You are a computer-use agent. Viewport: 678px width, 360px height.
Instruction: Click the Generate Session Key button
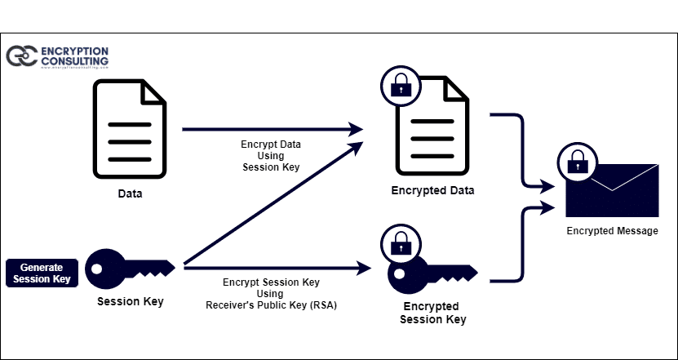point(42,273)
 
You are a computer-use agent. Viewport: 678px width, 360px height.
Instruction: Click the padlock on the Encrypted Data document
point(400,85)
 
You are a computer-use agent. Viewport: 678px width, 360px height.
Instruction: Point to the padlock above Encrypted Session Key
point(400,243)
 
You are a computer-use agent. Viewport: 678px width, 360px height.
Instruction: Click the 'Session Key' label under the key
point(131,302)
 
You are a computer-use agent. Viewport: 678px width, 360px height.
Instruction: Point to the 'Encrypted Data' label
point(432,191)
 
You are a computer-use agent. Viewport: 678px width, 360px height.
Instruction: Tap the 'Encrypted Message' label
point(612,232)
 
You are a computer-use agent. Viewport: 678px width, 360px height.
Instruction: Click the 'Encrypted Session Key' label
point(432,313)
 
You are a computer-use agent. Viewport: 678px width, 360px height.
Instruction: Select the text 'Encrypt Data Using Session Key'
point(271,155)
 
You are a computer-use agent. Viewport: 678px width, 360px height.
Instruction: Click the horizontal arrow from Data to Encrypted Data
point(269,129)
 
